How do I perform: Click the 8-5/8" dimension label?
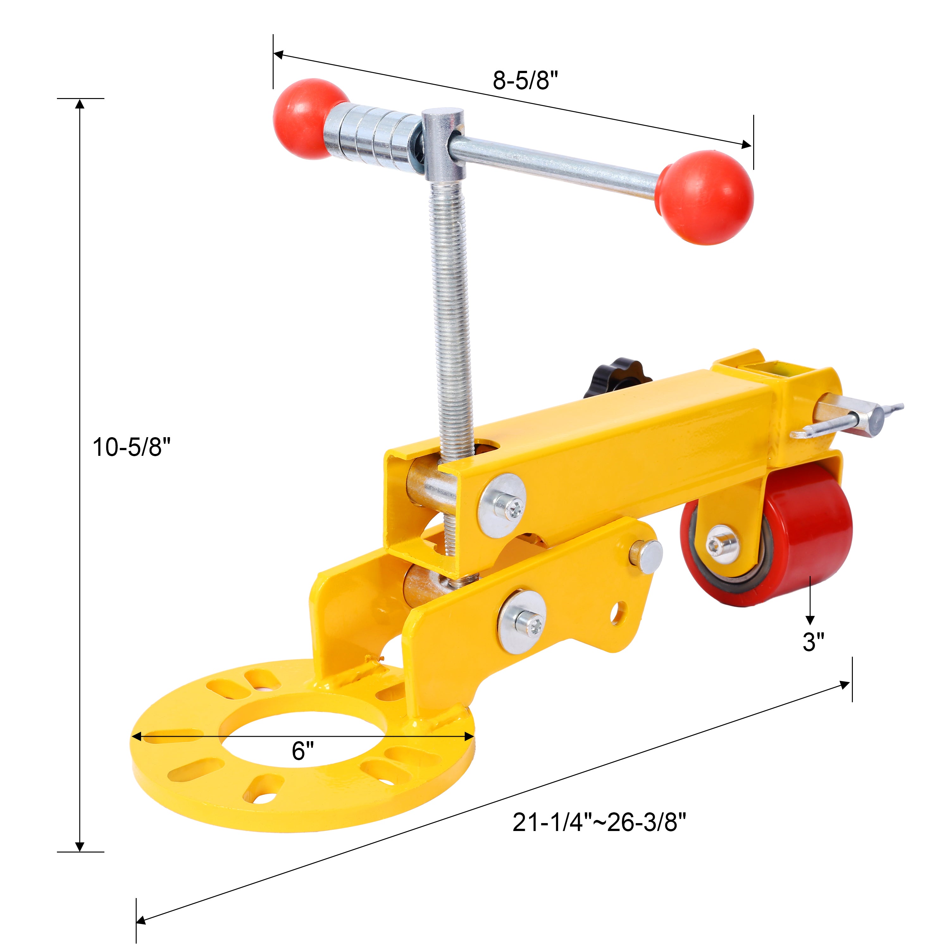point(525,81)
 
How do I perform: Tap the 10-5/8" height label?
point(132,448)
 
